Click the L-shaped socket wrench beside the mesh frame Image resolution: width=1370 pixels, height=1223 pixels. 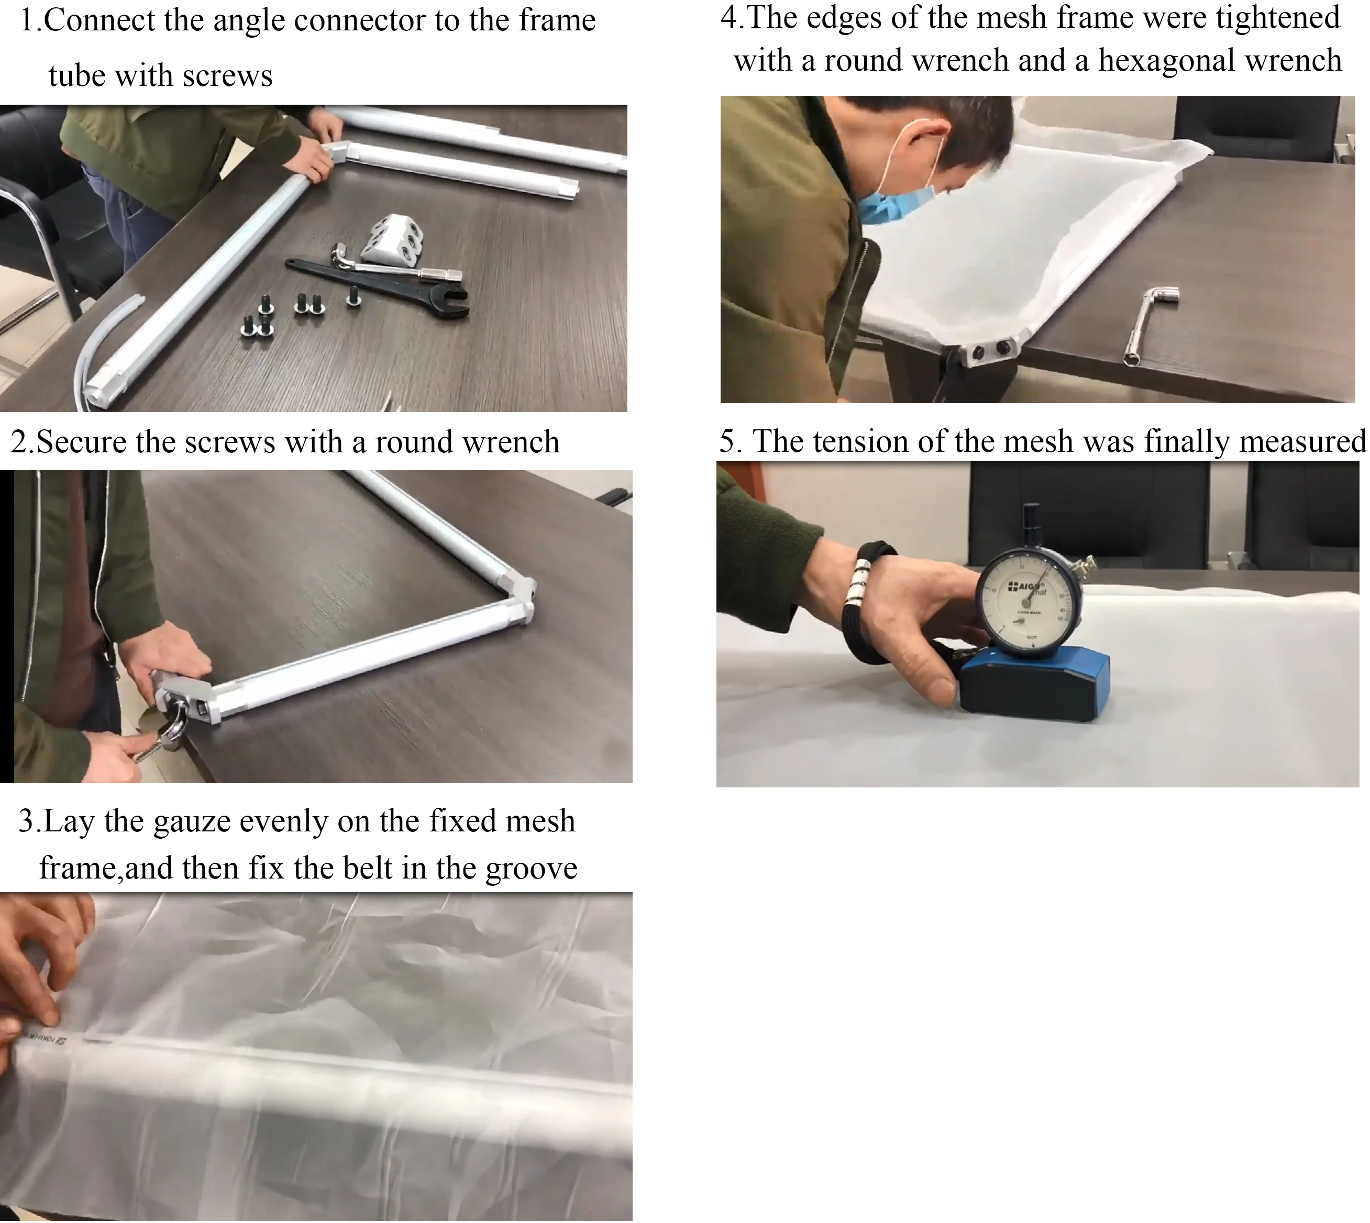1147,323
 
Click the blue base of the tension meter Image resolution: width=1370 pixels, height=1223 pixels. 1035,689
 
